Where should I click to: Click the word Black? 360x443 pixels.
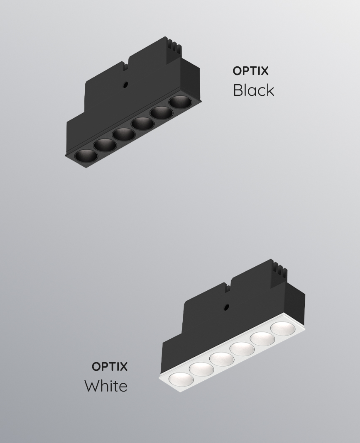pyautogui.click(x=253, y=90)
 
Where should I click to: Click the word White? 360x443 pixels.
pyautogui.click(x=106, y=386)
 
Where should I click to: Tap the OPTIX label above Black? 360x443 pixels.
pyautogui.click(x=250, y=71)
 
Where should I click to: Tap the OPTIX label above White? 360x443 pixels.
pyautogui.click(x=110, y=366)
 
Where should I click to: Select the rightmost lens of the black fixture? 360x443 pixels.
pyautogui.click(x=181, y=102)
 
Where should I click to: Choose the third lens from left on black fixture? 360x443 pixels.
pyautogui.click(x=124, y=134)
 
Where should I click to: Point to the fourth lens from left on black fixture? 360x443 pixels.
pyautogui.click(x=143, y=124)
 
